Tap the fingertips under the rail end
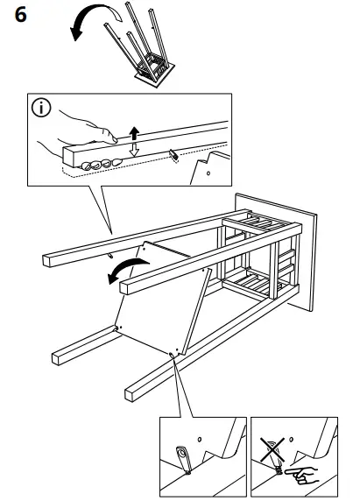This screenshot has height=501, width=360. point(95,163)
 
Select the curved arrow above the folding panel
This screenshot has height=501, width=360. point(122,273)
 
